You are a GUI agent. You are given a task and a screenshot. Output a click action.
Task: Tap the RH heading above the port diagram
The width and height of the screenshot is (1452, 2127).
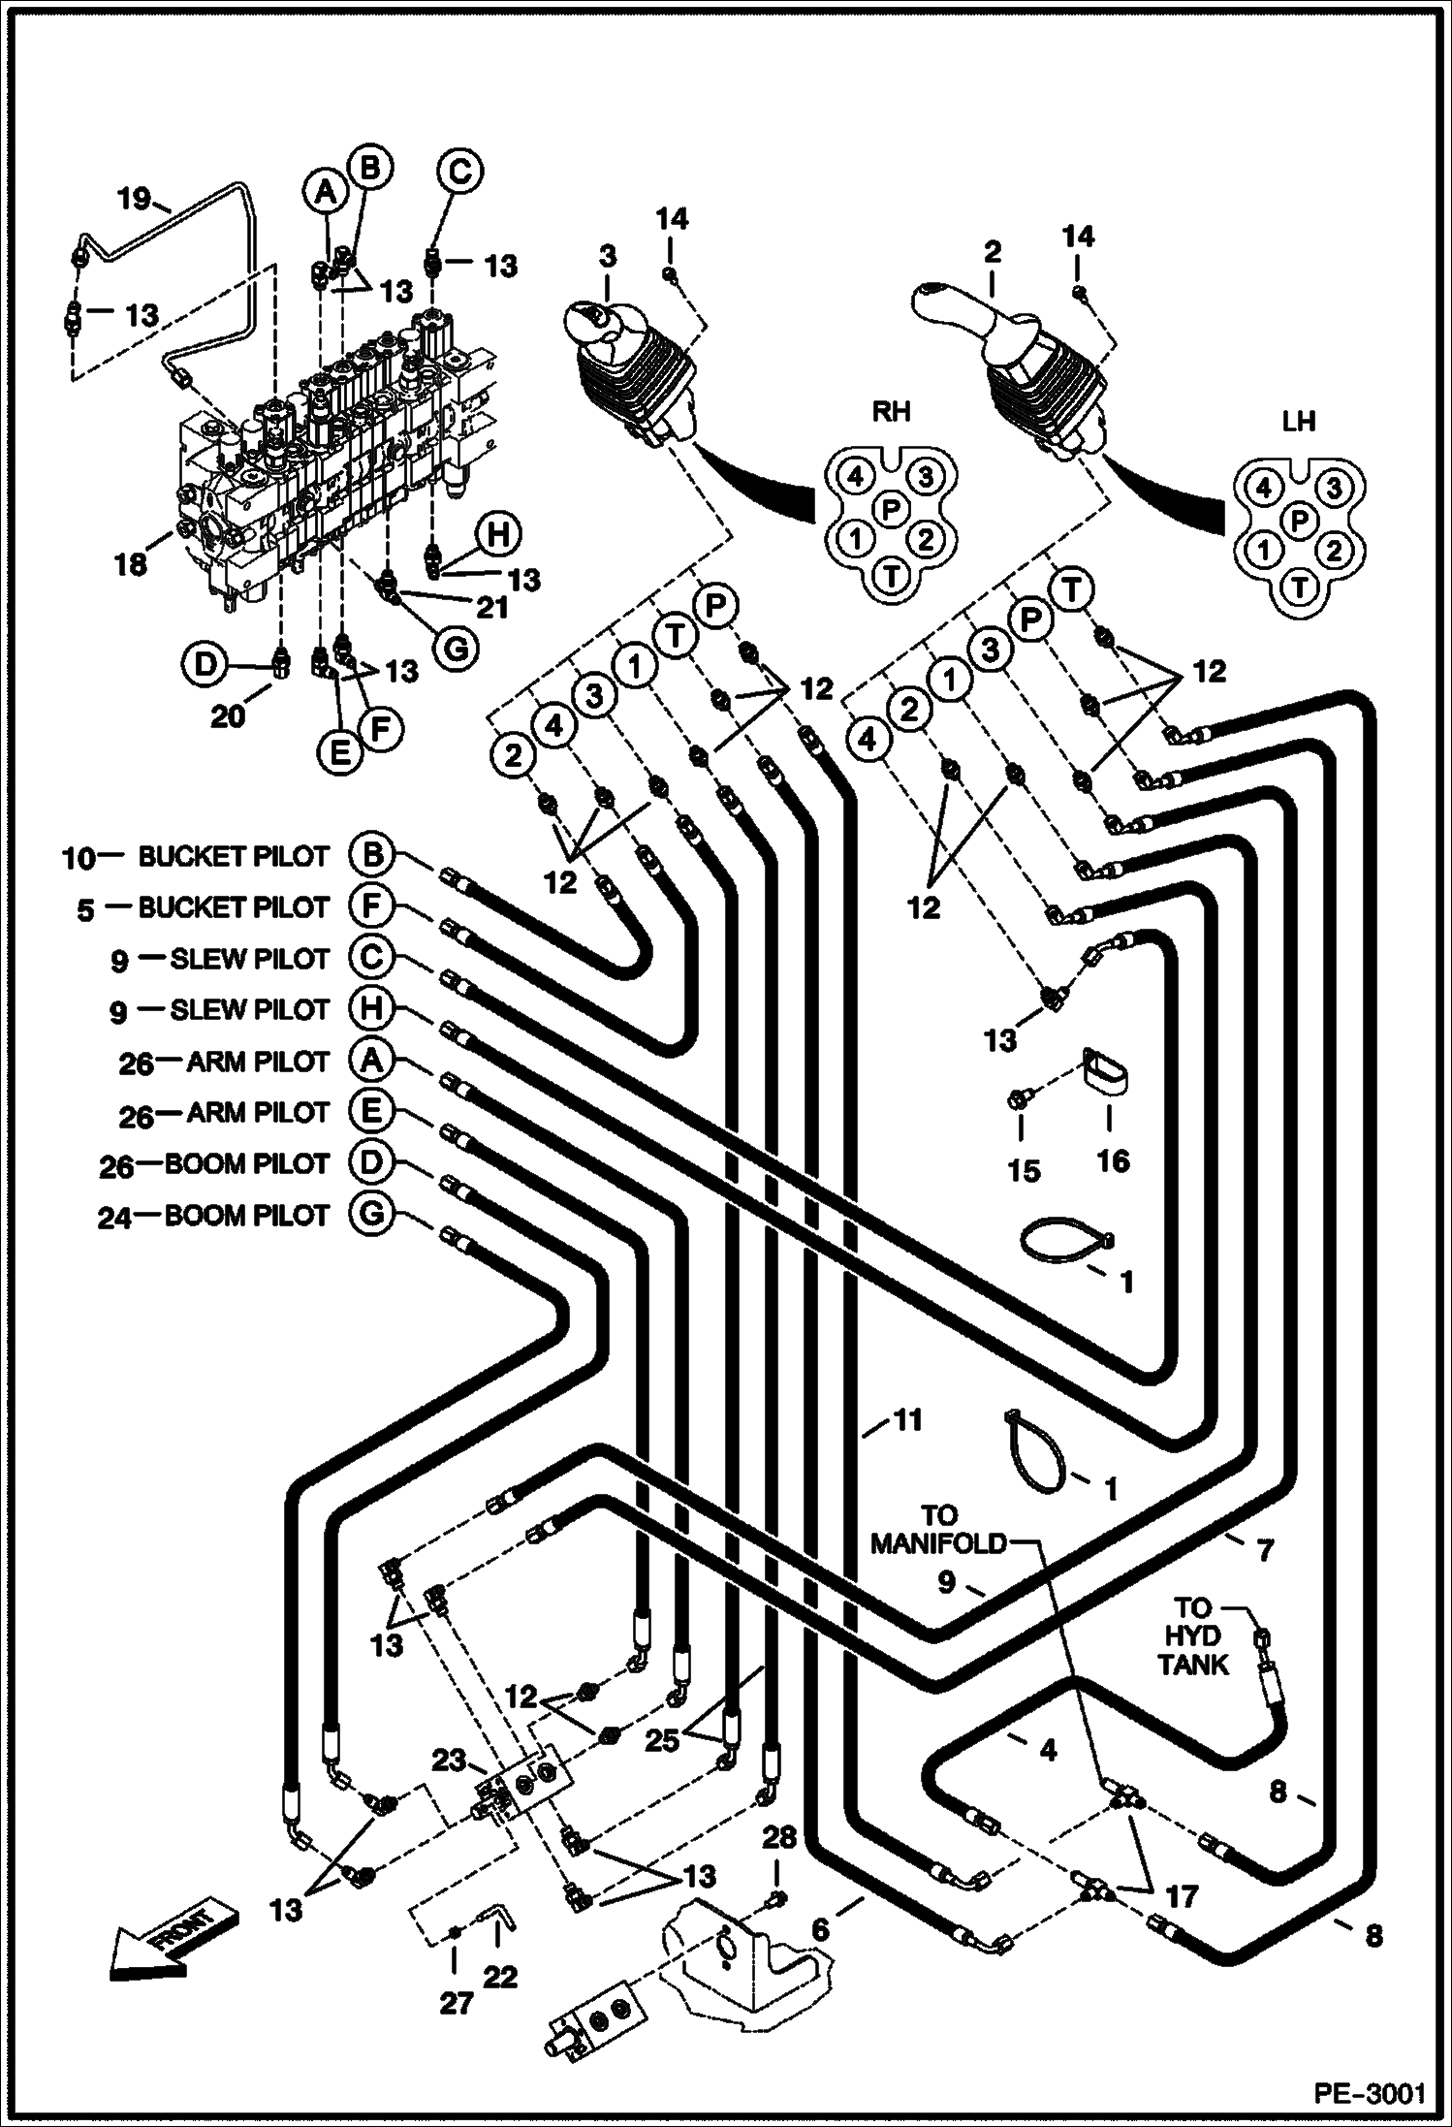[891, 411]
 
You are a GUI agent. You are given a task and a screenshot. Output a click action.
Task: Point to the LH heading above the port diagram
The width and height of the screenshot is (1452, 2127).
[1298, 422]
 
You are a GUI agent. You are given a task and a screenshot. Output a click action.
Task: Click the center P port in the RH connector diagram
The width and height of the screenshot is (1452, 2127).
[891, 508]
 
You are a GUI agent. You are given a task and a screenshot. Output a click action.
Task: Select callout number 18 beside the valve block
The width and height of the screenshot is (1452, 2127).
[131, 564]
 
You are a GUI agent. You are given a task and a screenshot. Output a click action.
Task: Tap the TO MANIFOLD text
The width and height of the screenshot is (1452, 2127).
[936, 1529]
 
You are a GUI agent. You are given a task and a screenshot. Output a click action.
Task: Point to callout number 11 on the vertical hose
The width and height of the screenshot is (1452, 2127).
[906, 1421]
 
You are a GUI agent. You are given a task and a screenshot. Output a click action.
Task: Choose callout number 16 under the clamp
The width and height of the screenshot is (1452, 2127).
[1113, 1160]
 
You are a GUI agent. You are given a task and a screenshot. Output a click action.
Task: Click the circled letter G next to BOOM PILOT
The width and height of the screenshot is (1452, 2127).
[372, 1215]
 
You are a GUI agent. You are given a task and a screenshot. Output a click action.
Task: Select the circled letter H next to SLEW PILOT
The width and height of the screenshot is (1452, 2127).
[372, 1009]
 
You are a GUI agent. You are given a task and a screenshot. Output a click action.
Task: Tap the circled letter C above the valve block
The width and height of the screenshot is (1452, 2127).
[459, 173]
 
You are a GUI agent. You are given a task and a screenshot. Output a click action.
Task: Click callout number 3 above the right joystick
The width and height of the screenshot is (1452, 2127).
[607, 257]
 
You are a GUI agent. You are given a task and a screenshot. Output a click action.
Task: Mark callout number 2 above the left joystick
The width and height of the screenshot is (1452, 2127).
[992, 253]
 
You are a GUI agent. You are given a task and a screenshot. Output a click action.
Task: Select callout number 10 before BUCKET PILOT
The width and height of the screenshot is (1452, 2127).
[79, 858]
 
